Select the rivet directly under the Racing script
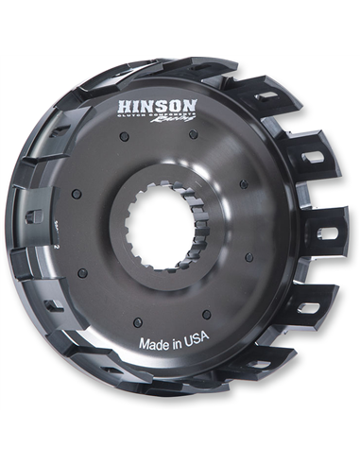pos(193,133)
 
